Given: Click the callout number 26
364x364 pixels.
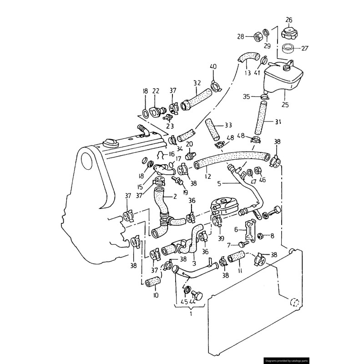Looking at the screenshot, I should (x=289, y=20).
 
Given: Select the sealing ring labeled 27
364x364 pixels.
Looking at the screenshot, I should (x=288, y=47).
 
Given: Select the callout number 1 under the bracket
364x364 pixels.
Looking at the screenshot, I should (x=191, y=314).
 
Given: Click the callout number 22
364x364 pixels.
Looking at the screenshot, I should (x=156, y=91).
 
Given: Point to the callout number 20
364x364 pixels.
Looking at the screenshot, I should (x=189, y=144).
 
